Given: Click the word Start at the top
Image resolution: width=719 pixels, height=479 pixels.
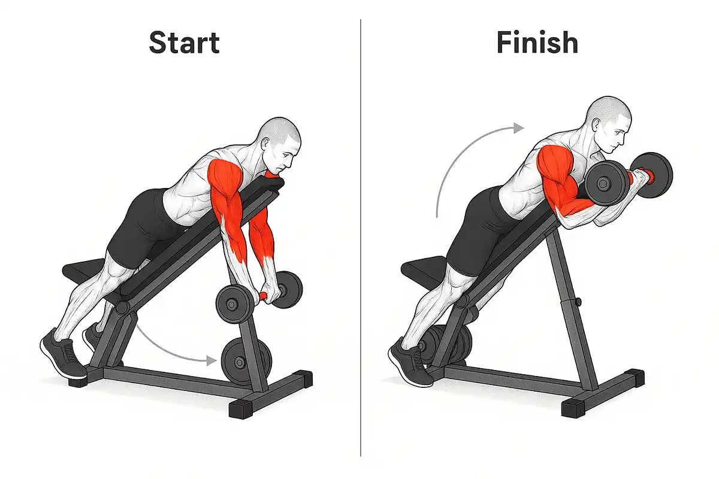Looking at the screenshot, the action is click(185, 43).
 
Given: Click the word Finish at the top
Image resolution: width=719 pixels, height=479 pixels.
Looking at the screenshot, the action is click(537, 43).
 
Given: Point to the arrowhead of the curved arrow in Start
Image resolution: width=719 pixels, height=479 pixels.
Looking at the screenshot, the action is click(211, 360).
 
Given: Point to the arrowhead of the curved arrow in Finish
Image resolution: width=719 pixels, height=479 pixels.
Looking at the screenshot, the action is click(519, 128).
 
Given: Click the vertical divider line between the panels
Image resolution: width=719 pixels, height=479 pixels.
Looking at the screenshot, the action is click(361, 238).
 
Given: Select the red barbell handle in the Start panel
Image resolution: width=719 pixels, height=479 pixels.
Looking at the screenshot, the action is click(264, 296).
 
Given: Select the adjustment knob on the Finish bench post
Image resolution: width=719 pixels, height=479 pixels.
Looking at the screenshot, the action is click(578, 302).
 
